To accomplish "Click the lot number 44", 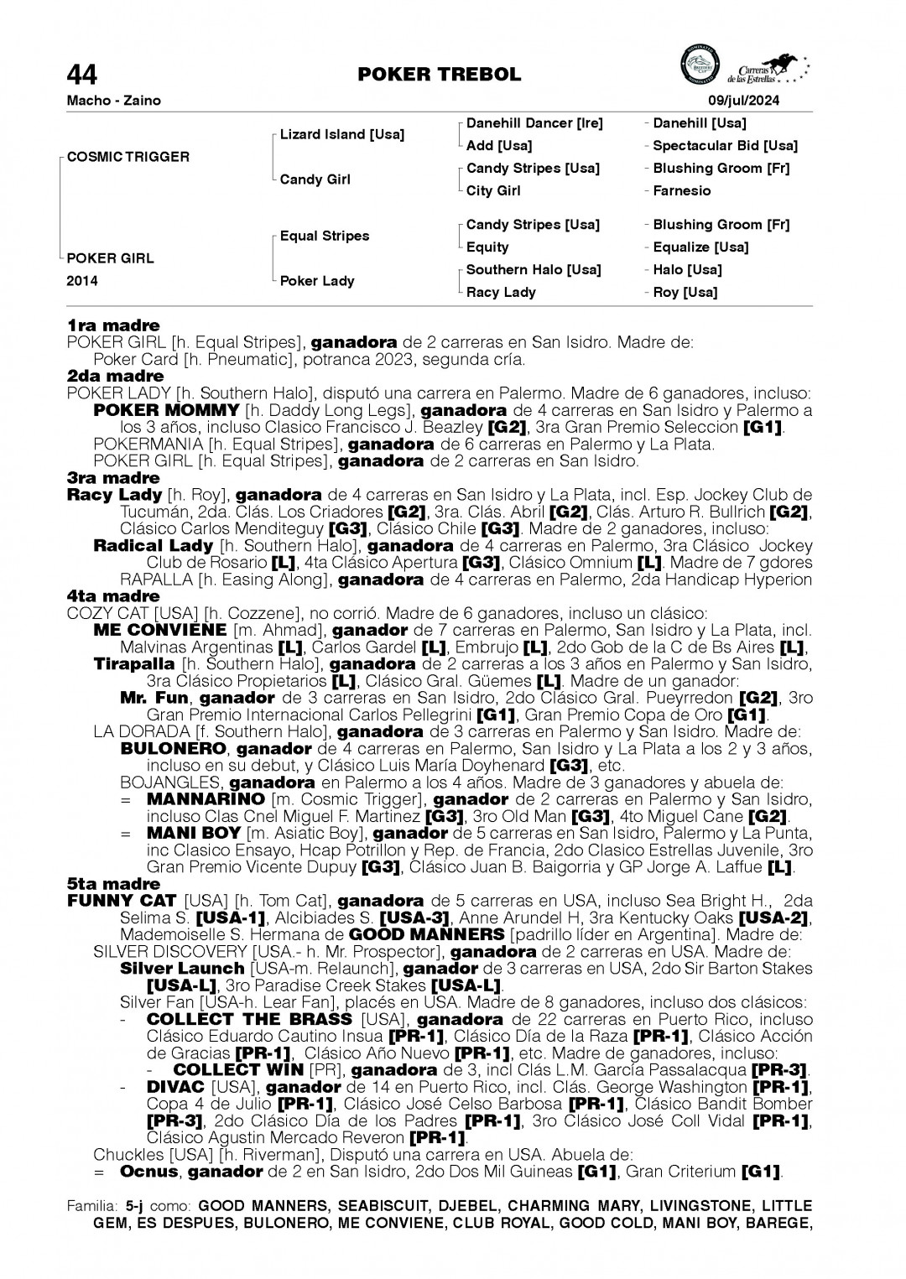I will [82, 75].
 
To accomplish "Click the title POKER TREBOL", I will [439, 75].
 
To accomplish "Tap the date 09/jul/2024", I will [743, 101].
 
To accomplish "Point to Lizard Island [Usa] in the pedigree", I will [341, 134].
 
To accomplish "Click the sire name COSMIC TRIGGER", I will [128, 157].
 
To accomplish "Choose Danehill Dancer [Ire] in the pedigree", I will [534, 123].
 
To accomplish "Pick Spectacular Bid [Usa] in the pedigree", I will [725, 146].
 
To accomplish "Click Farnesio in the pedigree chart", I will [681, 191].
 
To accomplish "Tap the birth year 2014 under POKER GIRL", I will [82, 281].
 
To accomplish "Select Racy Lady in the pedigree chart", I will [501, 293].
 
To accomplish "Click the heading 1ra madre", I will [113, 325].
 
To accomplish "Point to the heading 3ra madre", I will [113, 478].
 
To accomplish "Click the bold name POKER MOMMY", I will [167, 411].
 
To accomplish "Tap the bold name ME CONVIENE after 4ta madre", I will [160, 630].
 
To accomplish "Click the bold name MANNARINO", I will [206, 799].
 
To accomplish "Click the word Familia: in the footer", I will [93, 1206].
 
